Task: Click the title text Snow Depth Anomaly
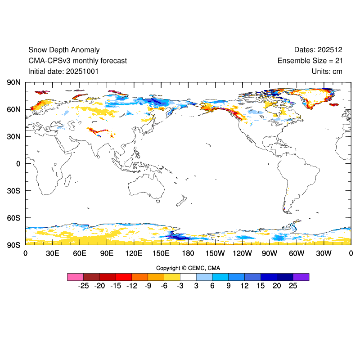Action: point(64,50)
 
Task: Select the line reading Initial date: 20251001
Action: point(63,71)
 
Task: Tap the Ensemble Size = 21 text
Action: point(310,61)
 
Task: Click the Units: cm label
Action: point(327,71)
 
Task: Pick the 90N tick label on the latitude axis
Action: point(13,82)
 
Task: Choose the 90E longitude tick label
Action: point(107,253)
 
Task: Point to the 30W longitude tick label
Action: point(324,253)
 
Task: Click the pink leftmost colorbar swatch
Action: point(75,277)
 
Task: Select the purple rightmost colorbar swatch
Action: point(301,277)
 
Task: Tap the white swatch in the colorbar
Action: point(188,277)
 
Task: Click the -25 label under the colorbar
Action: point(83,286)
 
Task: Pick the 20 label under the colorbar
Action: point(277,286)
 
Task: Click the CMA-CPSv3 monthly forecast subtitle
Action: point(77,61)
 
